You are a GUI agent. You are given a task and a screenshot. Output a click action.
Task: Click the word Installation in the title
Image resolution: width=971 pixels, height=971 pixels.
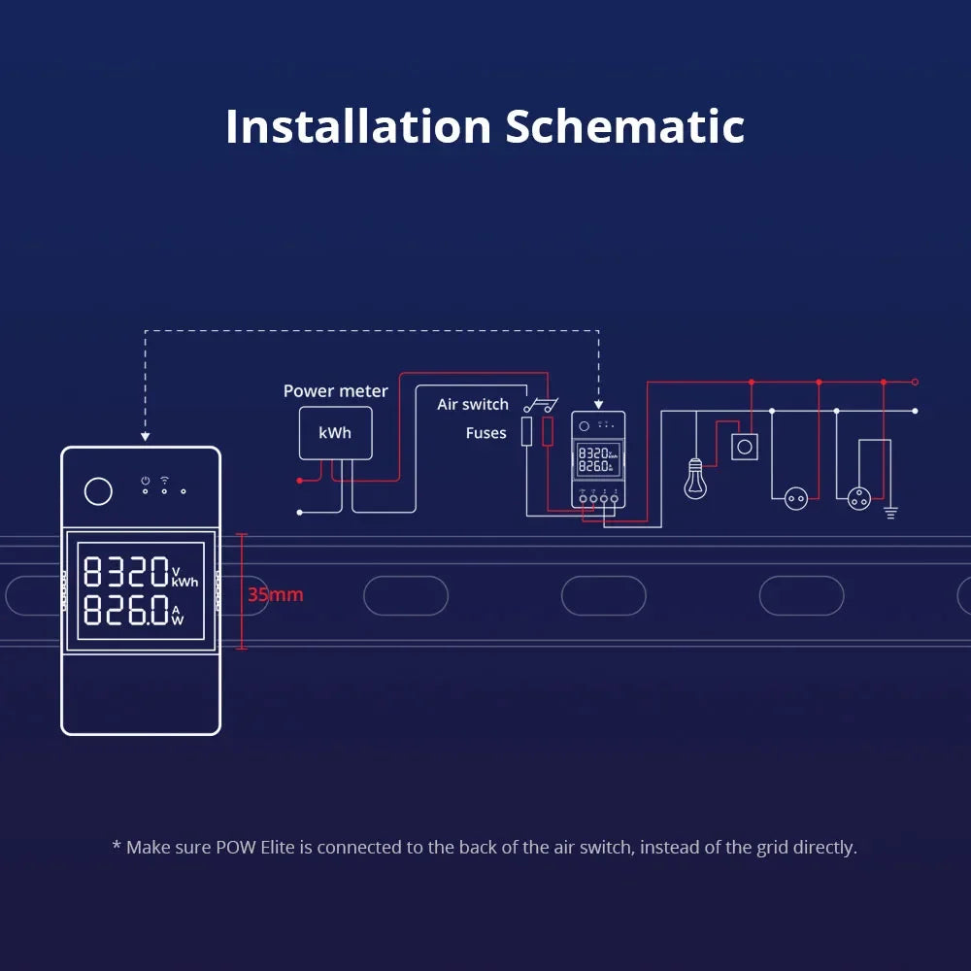[x=358, y=127]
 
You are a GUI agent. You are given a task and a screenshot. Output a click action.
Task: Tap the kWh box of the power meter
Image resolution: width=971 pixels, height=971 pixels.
[x=335, y=433]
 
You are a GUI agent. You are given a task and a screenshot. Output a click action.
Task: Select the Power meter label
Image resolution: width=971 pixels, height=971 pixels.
[x=335, y=391]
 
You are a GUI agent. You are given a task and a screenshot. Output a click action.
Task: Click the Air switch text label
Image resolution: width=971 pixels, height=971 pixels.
[x=473, y=404]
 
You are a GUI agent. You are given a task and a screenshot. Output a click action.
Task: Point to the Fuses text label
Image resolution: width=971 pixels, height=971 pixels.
[x=485, y=433]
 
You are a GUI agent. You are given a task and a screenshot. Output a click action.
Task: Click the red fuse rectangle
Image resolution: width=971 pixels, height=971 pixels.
[x=548, y=431]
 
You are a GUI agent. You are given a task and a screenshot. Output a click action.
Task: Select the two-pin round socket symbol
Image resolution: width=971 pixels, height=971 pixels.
[x=796, y=498]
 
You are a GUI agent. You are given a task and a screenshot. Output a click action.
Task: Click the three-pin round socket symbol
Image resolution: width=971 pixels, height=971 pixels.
[x=859, y=498]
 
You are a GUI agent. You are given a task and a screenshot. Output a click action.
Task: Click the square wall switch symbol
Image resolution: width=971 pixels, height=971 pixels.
[x=745, y=447]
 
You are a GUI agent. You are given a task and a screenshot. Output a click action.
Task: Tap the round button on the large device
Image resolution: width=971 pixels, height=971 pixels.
[x=98, y=491]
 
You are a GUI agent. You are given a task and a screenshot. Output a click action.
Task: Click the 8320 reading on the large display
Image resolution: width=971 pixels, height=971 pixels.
[x=127, y=572]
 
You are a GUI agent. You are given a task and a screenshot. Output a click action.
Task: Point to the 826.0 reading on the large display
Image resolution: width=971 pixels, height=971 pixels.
[x=127, y=611]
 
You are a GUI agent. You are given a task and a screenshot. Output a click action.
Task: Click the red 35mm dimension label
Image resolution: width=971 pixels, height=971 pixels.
[x=275, y=594]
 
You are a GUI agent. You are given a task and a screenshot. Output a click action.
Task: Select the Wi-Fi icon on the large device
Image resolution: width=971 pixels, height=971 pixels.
[x=164, y=480]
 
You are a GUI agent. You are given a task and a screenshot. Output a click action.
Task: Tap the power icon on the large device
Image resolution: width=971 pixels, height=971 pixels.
[x=145, y=480]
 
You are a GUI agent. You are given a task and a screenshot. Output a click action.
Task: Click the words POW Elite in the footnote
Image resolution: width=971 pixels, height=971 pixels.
[x=258, y=848]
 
